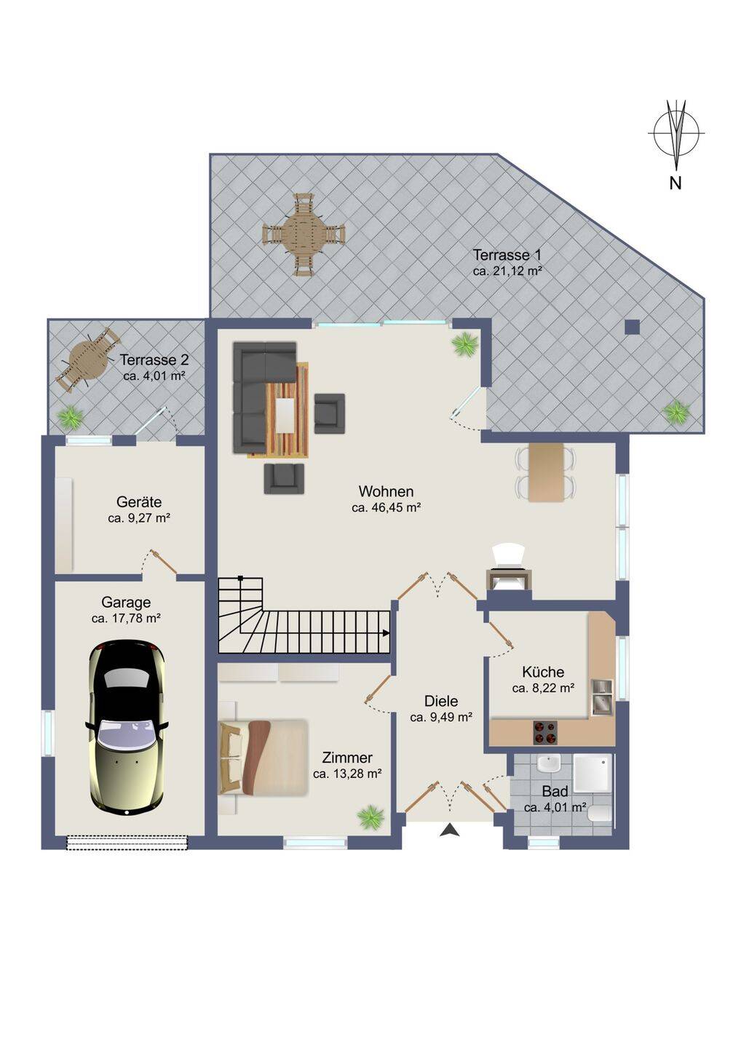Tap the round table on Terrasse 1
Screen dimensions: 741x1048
tap(304, 234)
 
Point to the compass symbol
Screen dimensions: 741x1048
tap(676, 133)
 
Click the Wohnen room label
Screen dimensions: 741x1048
tap(386, 491)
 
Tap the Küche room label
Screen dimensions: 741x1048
tap(543, 672)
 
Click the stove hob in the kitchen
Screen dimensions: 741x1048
tap(545, 732)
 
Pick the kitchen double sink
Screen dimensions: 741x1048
tap(601, 697)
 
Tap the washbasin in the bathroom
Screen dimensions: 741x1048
tap(548, 764)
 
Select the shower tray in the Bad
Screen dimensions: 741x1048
tap(592, 772)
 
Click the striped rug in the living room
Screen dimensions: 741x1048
tap(285, 410)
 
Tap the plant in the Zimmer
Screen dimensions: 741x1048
tap(370, 817)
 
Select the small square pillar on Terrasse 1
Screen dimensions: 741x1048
tap(633, 327)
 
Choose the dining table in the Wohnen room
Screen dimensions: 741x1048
tap(546, 472)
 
